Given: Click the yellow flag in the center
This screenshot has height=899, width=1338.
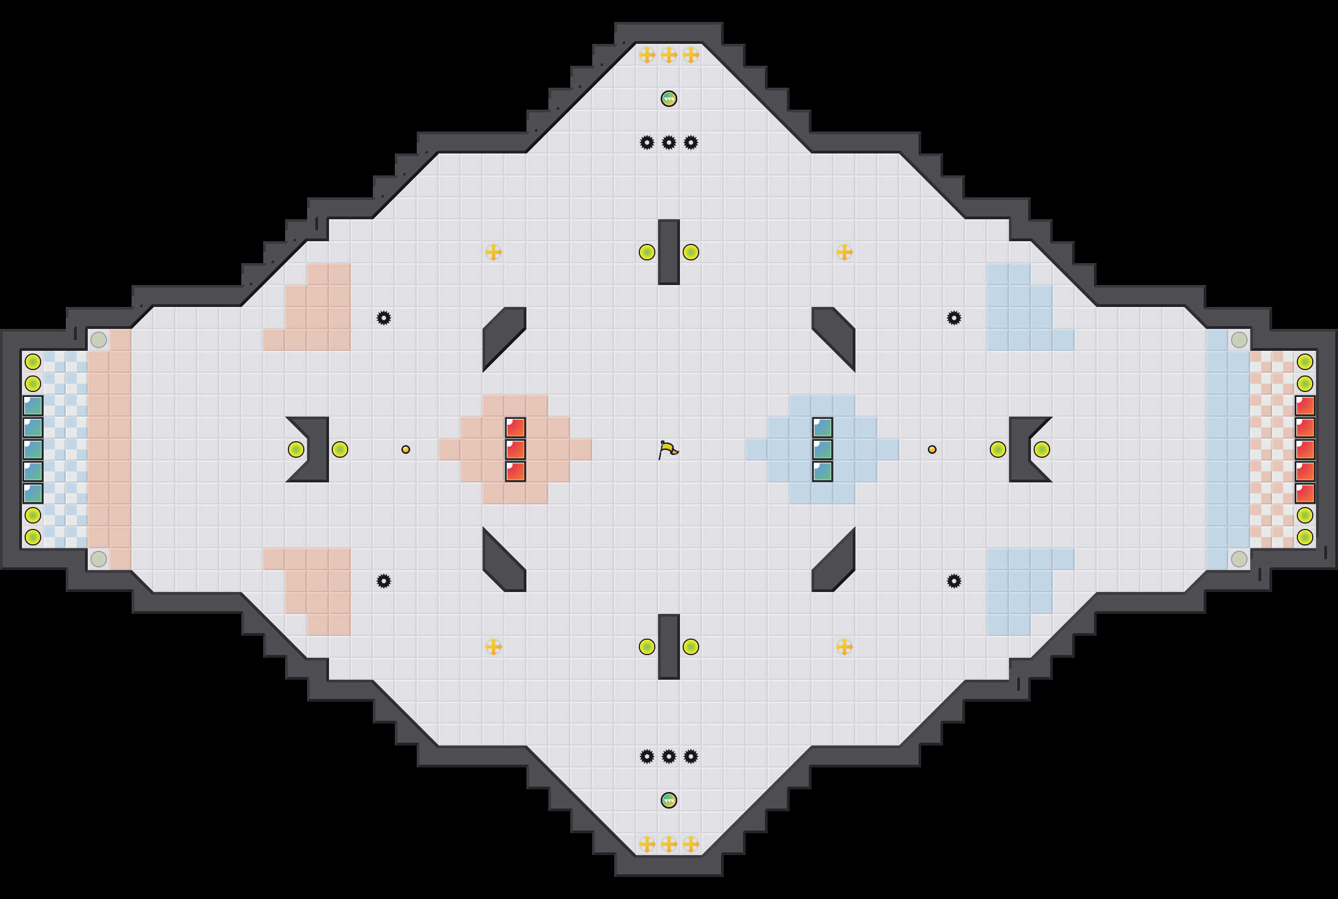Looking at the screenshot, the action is [668, 450].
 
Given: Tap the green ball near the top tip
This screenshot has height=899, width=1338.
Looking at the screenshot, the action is [668, 99].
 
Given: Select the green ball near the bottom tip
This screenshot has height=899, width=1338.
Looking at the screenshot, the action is [668, 800].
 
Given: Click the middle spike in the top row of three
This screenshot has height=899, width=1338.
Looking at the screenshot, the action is [668, 142].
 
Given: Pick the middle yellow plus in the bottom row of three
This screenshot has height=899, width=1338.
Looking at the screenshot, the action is [668, 844].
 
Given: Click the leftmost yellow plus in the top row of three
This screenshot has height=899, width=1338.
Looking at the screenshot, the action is [647, 55].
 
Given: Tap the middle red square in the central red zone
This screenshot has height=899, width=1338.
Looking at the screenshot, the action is [515, 450].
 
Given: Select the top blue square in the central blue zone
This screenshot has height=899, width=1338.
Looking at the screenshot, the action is [823, 428].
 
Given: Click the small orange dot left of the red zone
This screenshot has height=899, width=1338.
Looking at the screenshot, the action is [405, 450].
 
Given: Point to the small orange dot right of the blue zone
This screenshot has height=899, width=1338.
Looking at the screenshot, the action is [932, 450].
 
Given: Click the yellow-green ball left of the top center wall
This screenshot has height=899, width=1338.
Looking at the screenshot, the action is [647, 252].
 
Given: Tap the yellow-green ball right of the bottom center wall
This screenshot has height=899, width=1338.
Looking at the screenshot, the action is [690, 647].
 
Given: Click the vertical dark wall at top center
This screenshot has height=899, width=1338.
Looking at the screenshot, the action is [668, 252].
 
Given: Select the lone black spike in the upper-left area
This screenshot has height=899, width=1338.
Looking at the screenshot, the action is [384, 317].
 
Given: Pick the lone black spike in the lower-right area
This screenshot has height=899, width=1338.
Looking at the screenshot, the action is [954, 581].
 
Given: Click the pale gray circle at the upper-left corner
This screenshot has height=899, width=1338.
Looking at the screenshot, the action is [99, 339].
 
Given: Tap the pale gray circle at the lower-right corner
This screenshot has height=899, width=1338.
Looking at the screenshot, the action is [1239, 559].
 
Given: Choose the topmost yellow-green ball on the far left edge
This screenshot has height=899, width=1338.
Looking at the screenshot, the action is [33, 362].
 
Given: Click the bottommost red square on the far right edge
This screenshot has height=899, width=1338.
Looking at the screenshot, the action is [1305, 493].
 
